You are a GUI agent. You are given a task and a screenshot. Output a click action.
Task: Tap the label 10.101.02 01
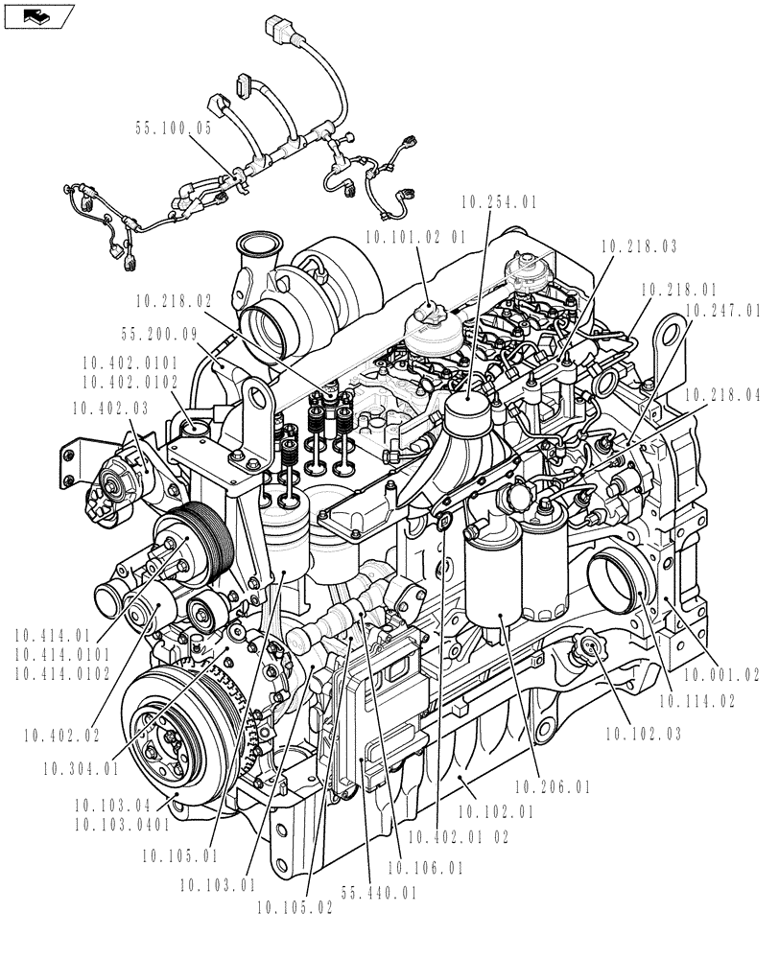tap(415, 237)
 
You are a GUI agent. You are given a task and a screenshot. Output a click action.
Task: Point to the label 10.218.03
tap(639, 247)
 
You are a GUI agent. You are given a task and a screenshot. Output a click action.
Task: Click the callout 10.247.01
tap(722, 311)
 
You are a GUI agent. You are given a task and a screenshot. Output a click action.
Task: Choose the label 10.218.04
tap(722, 395)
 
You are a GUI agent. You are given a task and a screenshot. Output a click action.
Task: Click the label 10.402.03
tap(109, 408)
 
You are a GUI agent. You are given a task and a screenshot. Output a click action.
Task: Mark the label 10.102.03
tap(644, 736)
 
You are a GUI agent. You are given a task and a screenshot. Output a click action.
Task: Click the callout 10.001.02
tap(722, 676)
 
